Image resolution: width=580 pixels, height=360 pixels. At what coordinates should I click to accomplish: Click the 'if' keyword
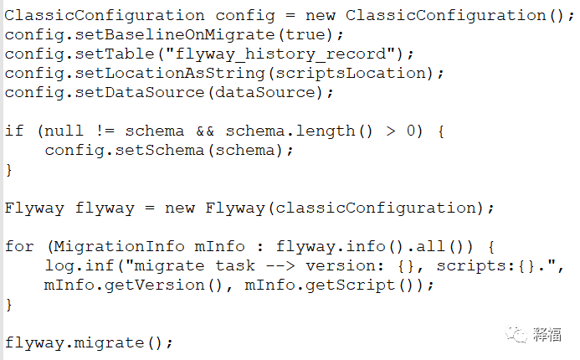14,131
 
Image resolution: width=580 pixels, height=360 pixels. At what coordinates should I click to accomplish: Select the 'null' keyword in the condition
64,131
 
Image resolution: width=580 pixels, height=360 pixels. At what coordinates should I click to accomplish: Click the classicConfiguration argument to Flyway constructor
377,208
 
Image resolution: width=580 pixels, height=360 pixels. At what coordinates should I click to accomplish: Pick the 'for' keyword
19,246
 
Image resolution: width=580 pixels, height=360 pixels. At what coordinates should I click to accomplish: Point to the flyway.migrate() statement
89,342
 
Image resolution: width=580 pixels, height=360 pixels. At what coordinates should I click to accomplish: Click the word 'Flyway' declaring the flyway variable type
34,208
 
